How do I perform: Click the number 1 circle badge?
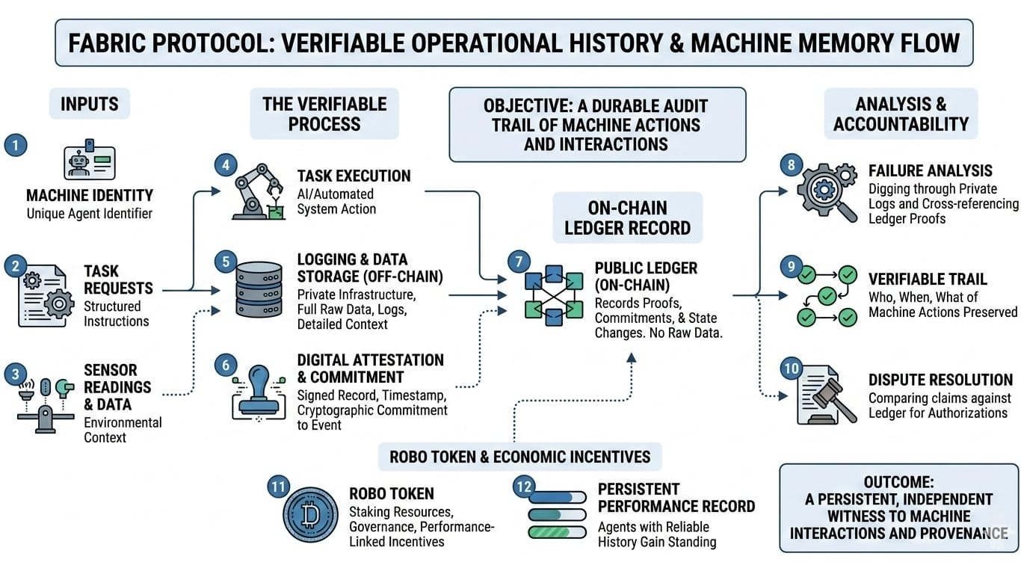click(15, 145)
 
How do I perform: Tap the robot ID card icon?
click(89, 159)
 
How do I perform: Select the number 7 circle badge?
click(519, 262)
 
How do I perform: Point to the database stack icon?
click(259, 290)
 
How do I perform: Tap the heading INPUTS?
click(90, 105)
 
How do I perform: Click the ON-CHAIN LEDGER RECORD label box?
click(627, 217)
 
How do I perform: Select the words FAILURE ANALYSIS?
click(930, 171)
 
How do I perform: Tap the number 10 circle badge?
click(791, 368)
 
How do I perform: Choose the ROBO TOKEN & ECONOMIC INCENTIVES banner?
click(519, 456)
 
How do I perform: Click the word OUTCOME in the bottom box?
click(898, 482)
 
